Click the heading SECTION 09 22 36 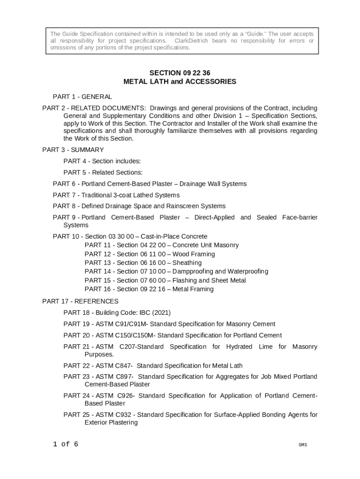180,73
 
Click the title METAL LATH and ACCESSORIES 180,82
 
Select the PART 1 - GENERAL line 82,97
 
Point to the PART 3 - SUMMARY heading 73,150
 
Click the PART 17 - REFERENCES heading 80,301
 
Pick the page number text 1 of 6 65,444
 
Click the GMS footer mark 303,445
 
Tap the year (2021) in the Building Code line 160,312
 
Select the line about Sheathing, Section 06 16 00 143,263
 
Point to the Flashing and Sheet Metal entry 165,281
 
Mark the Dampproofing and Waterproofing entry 176,271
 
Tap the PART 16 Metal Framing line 149,289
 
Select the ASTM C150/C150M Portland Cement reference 173,335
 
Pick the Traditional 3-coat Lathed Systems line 116,195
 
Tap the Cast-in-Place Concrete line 130,236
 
